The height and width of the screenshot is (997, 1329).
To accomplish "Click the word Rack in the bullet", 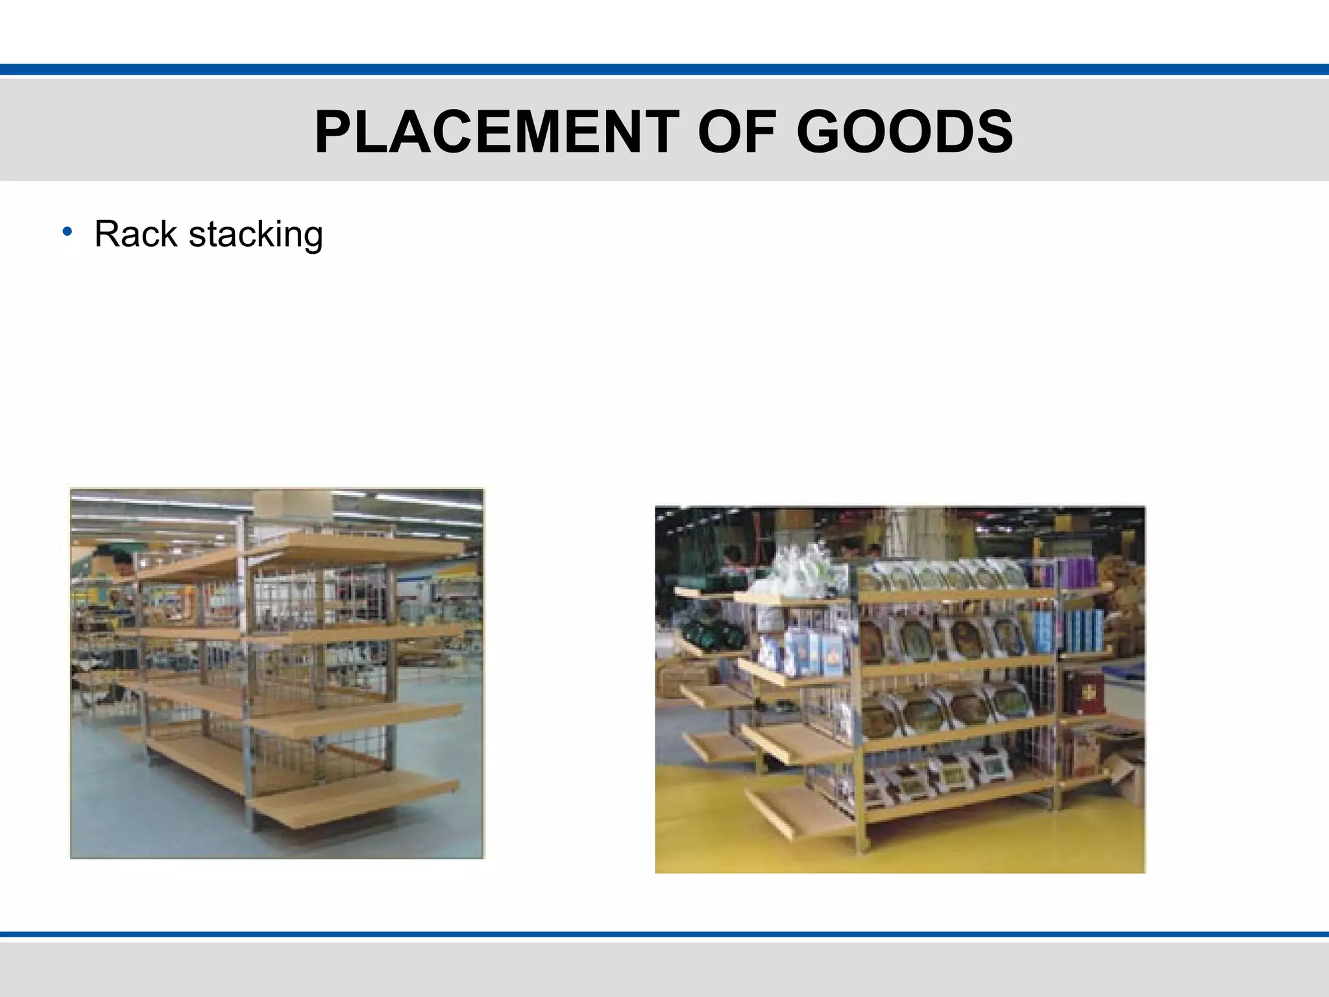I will pyautogui.click(x=135, y=234).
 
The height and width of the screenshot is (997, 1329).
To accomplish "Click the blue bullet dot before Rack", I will pyautogui.click(x=67, y=232).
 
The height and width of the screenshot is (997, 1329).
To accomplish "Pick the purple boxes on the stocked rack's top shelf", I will pyautogui.click(x=1077, y=572).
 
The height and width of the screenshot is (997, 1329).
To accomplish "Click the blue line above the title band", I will pyautogui.click(x=664, y=69).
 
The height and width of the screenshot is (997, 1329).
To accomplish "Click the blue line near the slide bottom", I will pyautogui.click(x=664, y=935).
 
